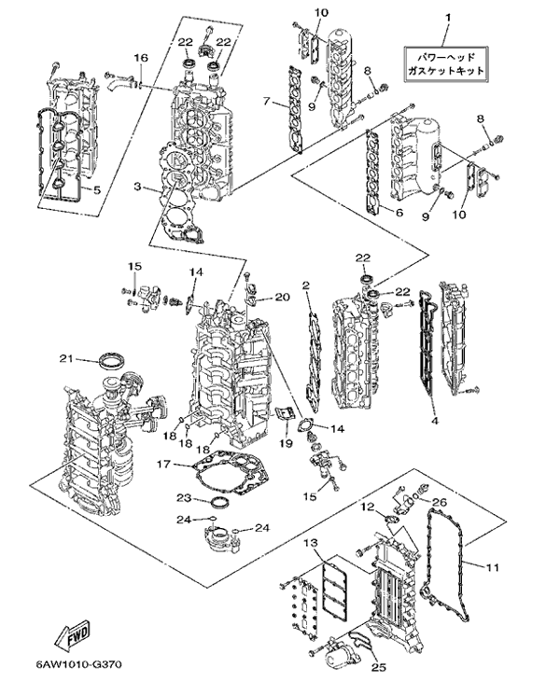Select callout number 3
137,188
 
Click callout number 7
267,101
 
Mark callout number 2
305,285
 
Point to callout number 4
434,420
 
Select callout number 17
162,464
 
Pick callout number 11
493,565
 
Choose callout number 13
311,543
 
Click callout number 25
377,666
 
